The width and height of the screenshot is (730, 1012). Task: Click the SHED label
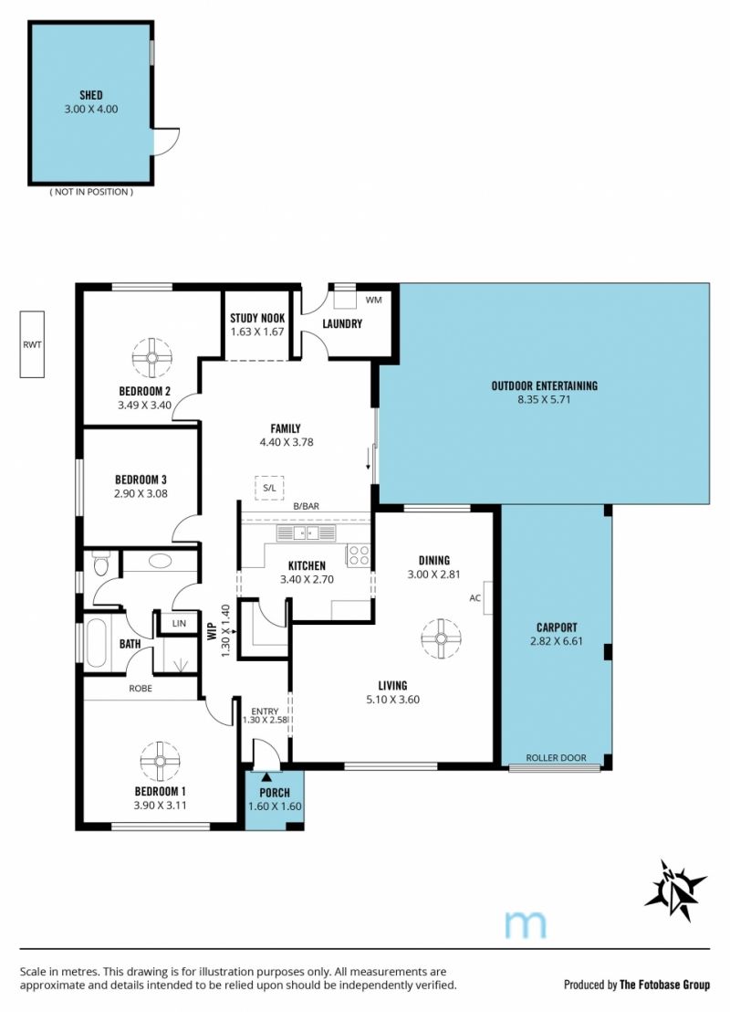click(x=91, y=95)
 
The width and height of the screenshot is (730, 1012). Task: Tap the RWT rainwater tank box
click(x=32, y=344)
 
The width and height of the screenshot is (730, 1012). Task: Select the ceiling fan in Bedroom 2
click(x=152, y=357)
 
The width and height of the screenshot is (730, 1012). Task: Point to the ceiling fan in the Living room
click(x=441, y=638)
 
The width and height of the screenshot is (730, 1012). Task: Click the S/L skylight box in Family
click(x=269, y=488)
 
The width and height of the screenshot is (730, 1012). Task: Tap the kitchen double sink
click(x=307, y=533)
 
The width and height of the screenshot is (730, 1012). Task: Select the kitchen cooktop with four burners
click(x=359, y=555)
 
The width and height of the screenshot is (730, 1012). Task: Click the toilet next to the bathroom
click(x=102, y=564)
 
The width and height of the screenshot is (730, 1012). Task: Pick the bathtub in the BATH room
click(x=96, y=643)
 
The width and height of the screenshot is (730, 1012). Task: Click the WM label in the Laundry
click(x=373, y=300)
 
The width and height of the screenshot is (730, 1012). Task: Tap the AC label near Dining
click(x=475, y=598)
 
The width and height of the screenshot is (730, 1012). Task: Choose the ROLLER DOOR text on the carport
click(x=556, y=758)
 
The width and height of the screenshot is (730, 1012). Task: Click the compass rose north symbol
click(x=674, y=890)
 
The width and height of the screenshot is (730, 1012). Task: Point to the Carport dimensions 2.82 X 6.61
click(x=557, y=641)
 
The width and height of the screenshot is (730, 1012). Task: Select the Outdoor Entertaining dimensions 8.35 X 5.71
click(x=544, y=399)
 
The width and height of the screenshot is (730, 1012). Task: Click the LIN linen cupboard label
click(x=179, y=624)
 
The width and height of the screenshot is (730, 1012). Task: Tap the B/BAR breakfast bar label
click(x=307, y=507)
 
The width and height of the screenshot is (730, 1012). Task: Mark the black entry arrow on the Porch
click(x=266, y=777)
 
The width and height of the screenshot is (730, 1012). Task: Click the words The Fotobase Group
click(x=664, y=985)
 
